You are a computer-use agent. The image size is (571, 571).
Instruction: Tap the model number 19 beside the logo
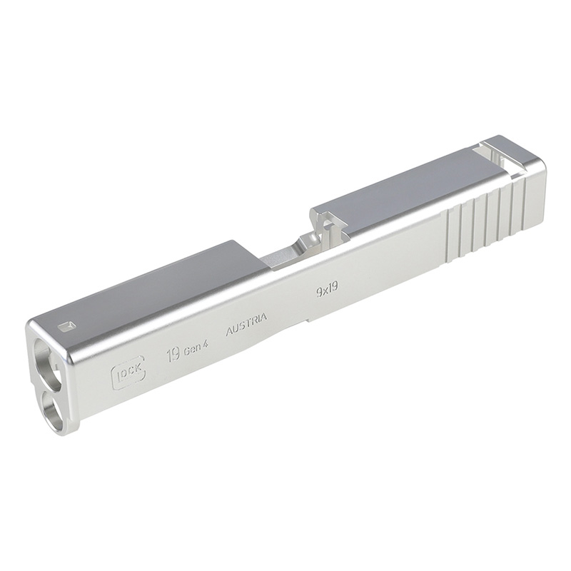coord(173,355)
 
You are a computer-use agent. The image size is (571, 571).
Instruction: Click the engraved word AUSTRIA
coord(246,324)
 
